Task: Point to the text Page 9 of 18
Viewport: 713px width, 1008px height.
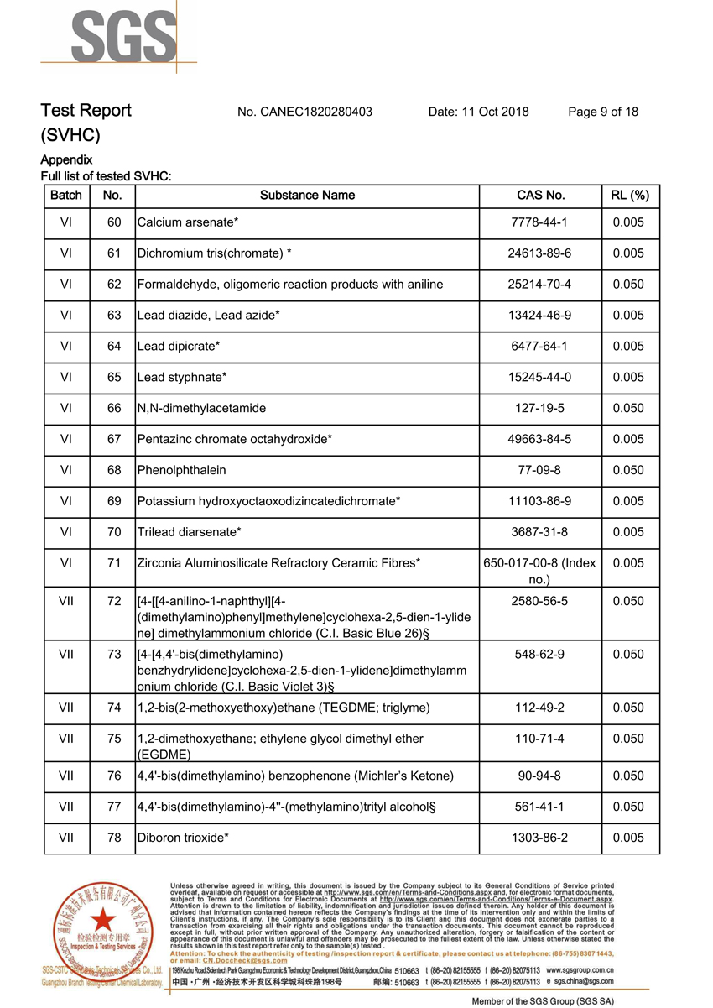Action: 602,112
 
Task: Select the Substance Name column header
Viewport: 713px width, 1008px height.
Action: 307,196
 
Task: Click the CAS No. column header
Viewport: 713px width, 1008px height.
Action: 540,196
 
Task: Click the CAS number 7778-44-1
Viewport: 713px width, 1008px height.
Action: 540,222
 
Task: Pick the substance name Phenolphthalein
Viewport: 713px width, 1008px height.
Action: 181,470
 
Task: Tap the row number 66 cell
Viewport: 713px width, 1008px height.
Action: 114,408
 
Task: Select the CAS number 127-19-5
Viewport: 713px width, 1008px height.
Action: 540,408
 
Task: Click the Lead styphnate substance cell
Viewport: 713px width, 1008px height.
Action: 181,377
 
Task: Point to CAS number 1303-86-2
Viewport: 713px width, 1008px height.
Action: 540,838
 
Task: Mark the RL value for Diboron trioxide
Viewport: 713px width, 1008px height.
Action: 628,838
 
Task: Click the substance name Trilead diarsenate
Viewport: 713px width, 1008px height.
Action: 189,532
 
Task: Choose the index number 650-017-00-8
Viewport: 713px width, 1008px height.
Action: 540,563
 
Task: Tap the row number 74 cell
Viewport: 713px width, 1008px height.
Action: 114,708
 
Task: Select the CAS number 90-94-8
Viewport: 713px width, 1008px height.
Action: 540,776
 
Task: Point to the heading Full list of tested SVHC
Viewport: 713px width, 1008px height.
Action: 106,176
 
